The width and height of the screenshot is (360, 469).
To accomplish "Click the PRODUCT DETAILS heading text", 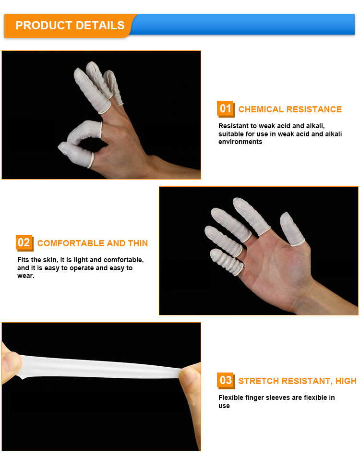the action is (70, 25).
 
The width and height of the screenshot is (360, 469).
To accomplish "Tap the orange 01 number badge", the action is (225, 108).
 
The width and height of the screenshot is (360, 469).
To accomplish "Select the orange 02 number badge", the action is (24, 242).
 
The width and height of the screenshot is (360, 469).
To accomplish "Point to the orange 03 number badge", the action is (226, 381).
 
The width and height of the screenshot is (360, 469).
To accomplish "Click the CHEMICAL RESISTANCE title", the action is (290, 109).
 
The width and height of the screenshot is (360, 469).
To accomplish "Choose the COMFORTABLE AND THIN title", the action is (93, 243).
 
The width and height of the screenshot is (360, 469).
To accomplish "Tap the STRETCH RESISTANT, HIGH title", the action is (298, 381).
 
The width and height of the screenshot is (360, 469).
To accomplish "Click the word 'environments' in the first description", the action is (240, 142).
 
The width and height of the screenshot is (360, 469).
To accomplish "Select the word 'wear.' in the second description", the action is (26, 276).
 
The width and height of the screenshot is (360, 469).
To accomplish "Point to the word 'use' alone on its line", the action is (224, 406).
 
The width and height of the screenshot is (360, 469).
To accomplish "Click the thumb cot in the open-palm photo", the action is (291, 229).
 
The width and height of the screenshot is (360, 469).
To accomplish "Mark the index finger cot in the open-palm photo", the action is (251, 216).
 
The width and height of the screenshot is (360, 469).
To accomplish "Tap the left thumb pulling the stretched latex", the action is (12, 363).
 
